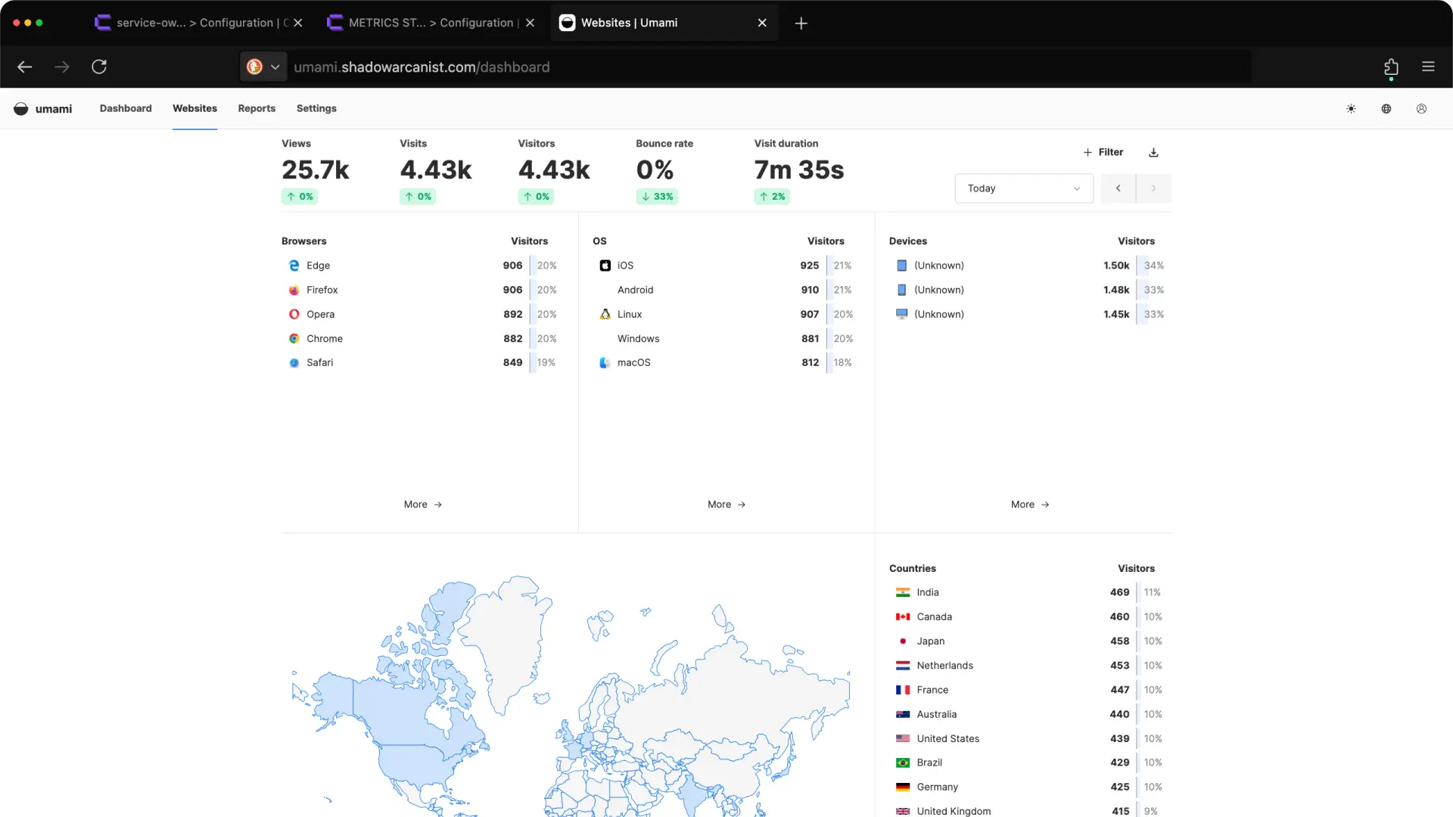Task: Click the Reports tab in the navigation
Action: point(257,108)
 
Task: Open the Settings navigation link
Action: point(316,108)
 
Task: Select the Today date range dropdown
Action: point(1023,188)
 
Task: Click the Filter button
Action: point(1103,152)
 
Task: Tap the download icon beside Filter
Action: point(1153,153)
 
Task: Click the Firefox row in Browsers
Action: point(322,290)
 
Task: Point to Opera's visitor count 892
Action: point(512,314)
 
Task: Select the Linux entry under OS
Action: point(629,314)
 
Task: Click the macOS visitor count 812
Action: point(810,362)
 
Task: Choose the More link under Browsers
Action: point(422,505)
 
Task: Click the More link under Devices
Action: point(1029,505)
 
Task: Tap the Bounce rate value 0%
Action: point(655,170)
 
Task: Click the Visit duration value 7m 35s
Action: point(798,170)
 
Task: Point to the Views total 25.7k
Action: point(316,170)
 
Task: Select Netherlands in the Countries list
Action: point(944,666)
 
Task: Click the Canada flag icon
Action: point(903,617)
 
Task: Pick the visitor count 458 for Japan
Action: point(1119,641)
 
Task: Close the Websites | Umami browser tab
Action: point(762,23)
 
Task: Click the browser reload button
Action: point(99,67)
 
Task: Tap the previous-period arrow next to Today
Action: point(1118,188)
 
